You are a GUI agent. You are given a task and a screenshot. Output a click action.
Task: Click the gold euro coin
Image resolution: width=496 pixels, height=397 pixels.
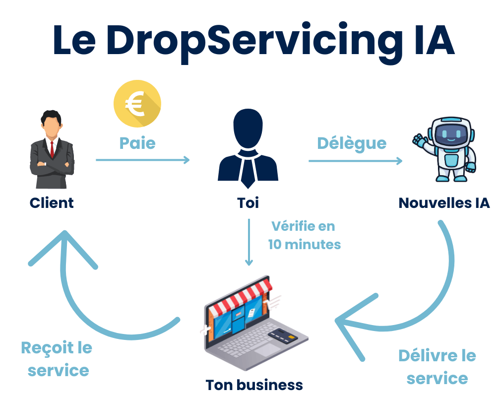pyautogui.click(x=137, y=104)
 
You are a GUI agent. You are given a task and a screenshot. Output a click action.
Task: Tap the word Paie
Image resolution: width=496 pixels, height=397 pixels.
pyautogui.click(x=137, y=143)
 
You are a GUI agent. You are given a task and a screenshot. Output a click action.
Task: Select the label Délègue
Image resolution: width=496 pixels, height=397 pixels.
pyautogui.click(x=352, y=143)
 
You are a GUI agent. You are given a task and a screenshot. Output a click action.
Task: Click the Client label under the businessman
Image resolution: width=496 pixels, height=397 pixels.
pyautogui.click(x=52, y=202)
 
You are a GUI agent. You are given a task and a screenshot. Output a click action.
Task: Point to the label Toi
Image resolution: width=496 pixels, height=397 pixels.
pyautogui.click(x=248, y=202)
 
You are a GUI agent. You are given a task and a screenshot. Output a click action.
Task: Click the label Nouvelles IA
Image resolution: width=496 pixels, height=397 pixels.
pyautogui.click(x=444, y=202)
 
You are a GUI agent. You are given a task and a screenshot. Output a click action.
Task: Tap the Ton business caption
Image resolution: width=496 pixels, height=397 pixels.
pyautogui.click(x=254, y=385)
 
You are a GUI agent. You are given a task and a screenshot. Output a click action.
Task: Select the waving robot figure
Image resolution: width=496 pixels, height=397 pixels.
pyautogui.click(x=444, y=149)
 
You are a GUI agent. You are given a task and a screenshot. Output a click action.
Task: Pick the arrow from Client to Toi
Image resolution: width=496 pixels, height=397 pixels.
pyautogui.click(x=143, y=160)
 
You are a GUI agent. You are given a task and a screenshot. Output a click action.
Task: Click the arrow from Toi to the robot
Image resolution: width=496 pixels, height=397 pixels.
pyautogui.click(x=355, y=161)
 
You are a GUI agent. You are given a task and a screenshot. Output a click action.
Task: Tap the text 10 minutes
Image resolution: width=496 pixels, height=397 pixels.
pyautogui.click(x=305, y=244)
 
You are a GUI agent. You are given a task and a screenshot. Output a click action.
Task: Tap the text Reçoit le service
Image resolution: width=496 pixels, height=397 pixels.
pyautogui.click(x=57, y=359)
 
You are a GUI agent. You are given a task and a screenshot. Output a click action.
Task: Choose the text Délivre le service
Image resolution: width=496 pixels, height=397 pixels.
pyautogui.click(x=437, y=367)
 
